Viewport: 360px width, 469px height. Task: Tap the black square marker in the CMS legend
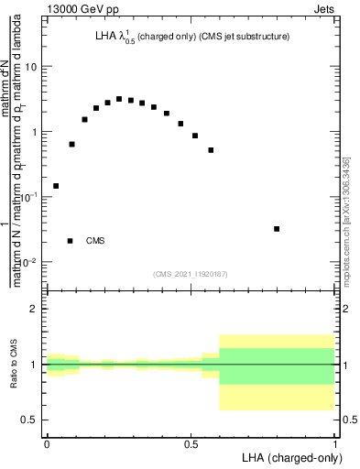coord(71,241)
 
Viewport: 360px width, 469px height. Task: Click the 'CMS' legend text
coord(95,241)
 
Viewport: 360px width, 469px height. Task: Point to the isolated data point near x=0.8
coord(277,229)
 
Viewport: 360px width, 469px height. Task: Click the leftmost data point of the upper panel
coord(56,186)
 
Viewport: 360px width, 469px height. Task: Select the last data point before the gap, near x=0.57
coord(211,150)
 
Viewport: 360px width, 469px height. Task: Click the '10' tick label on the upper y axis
coord(32,67)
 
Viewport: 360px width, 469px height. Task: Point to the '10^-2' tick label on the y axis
coord(30,262)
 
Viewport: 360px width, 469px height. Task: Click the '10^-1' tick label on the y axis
coord(30,196)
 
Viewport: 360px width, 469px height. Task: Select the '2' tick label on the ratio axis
coord(35,309)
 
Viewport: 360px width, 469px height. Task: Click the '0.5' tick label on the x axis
coord(191,443)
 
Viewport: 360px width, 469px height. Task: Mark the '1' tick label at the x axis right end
coord(335,443)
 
